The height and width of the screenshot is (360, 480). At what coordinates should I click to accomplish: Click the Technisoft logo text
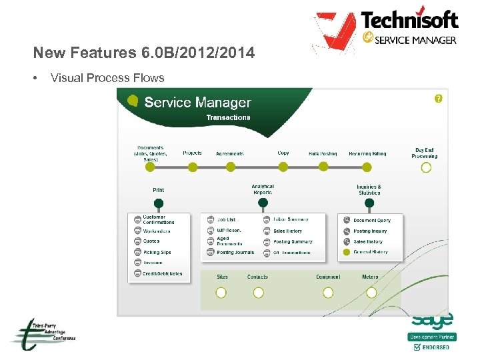click(x=409, y=20)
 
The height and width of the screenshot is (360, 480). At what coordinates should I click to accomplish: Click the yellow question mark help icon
click(x=438, y=99)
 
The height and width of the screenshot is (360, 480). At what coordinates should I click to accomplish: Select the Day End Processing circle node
click(x=426, y=167)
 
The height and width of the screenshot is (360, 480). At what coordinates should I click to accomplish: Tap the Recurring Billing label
click(x=367, y=153)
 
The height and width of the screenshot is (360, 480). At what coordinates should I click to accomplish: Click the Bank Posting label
click(x=323, y=153)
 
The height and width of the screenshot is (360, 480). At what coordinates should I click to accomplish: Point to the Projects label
click(x=192, y=153)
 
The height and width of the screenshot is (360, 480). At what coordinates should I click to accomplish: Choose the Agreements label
click(x=230, y=153)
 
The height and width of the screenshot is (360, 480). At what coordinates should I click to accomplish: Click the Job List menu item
click(x=226, y=219)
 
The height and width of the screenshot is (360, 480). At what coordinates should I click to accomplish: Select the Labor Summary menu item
click(x=291, y=219)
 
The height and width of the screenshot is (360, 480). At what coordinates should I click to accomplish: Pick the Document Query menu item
click(x=372, y=220)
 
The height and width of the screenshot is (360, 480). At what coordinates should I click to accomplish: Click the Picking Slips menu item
click(x=157, y=253)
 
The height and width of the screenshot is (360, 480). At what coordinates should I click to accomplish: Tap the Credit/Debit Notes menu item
click(x=162, y=273)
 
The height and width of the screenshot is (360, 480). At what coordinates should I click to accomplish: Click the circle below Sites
click(x=221, y=292)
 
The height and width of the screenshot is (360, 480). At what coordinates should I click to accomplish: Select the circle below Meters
click(x=371, y=292)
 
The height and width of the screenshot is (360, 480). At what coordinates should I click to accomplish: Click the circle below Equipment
click(x=328, y=292)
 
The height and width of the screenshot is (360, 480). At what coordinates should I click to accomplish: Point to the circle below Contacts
click(x=258, y=292)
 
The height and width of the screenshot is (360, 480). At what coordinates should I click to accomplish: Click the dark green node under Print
click(x=158, y=203)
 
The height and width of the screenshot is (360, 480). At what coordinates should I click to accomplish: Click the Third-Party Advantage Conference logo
click(x=42, y=333)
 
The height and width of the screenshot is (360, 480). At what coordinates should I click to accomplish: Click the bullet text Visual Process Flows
click(x=107, y=78)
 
